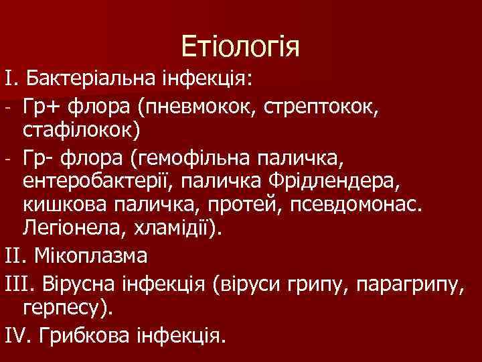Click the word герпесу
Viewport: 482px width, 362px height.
point(76,308)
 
